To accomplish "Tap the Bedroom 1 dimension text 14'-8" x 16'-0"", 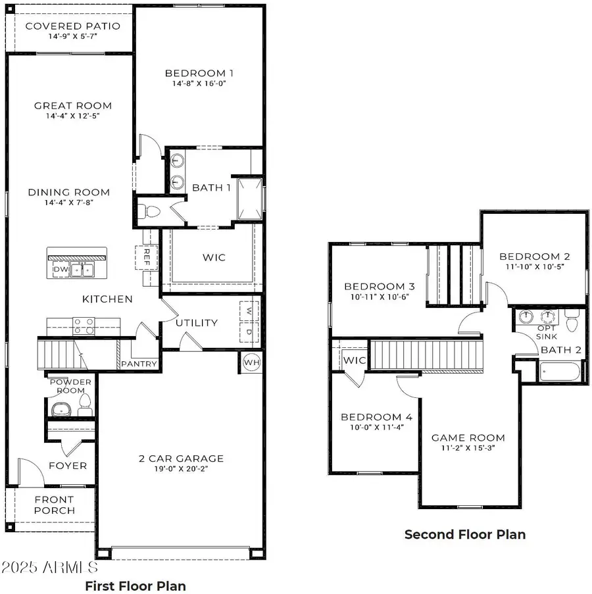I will pyautogui.click(x=199, y=84).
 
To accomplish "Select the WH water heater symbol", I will pyautogui.click(x=251, y=362).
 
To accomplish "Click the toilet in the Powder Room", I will pyautogui.click(x=84, y=404).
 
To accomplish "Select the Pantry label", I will pyautogui.click(x=139, y=364).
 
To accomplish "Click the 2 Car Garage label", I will pyautogui.click(x=181, y=458).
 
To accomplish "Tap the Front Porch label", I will pyautogui.click(x=55, y=505).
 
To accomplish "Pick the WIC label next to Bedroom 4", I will pyautogui.click(x=355, y=360).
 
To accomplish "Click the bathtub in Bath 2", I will pyautogui.click(x=559, y=372).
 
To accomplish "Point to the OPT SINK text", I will pyautogui.click(x=547, y=332).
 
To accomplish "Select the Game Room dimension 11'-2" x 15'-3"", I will pyautogui.click(x=468, y=448).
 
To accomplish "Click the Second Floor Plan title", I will pyautogui.click(x=464, y=534).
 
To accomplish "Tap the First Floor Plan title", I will pyautogui.click(x=136, y=585).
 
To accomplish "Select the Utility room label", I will pyautogui.click(x=196, y=322).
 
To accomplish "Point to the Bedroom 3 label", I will pyautogui.click(x=379, y=286).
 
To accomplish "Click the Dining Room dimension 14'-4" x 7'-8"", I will pyautogui.click(x=68, y=203).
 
